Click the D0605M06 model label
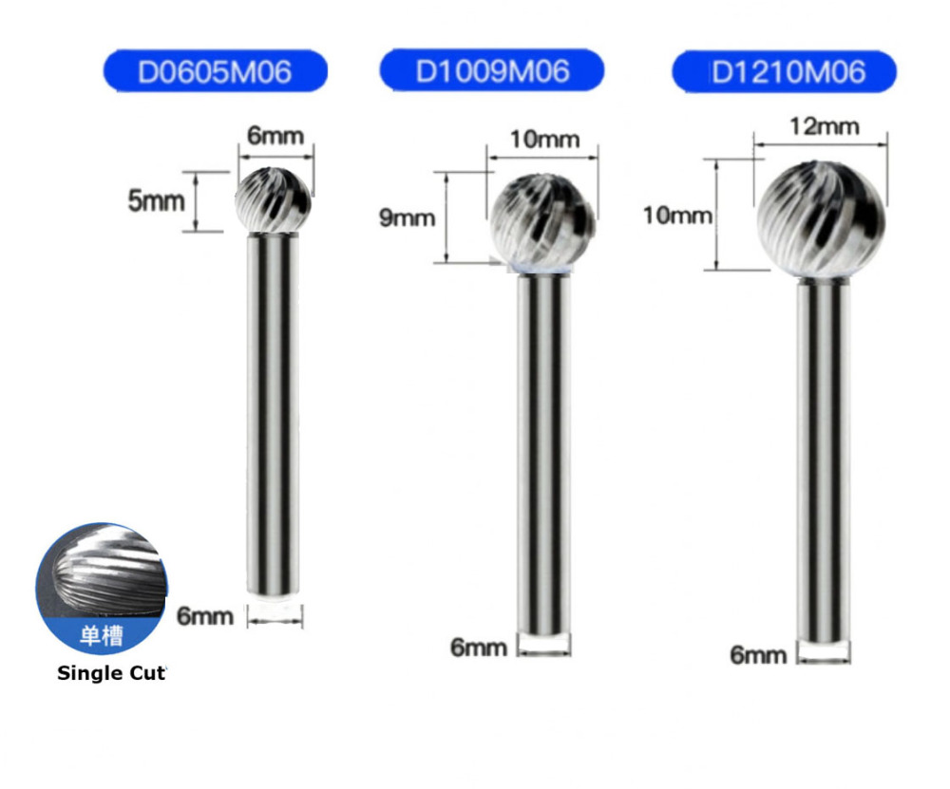(215, 71)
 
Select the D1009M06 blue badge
(492, 71)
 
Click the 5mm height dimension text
(156, 200)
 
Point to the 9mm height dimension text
(408, 217)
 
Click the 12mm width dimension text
(824, 126)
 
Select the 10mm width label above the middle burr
(544, 140)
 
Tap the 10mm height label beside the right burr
(677, 215)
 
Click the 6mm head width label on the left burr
(275, 136)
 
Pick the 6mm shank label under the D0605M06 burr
(205, 616)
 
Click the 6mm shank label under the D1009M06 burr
(478, 648)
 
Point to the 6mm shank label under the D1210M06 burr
(758, 654)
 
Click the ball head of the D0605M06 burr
(274, 198)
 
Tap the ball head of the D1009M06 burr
(542, 221)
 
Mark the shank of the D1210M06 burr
(822, 461)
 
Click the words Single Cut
(111, 673)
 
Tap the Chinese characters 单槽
(102, 635)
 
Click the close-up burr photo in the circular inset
(102, 588)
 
